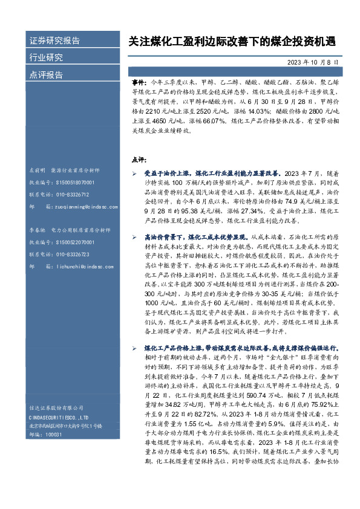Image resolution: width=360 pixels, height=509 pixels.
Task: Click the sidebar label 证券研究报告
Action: click(x=54, y=41)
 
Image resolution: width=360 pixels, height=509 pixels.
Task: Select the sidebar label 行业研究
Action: click(x=46, y=57)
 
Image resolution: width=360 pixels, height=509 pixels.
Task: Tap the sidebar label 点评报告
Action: click(x=46, y=74)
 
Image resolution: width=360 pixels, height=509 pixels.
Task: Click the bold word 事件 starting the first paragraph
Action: click(x=138, y=80)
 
